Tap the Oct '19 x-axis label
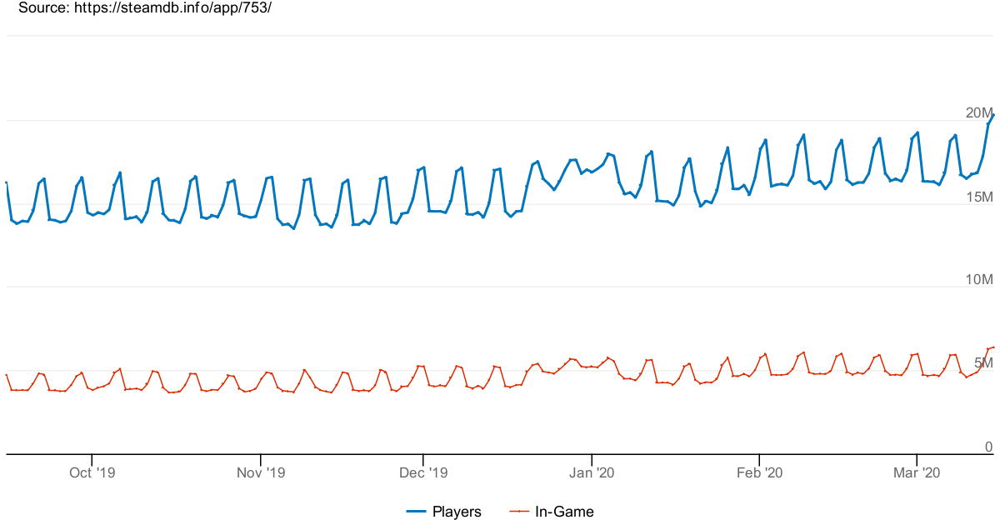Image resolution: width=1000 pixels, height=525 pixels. [92, 473]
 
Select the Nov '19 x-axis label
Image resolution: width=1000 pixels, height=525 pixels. [261, 473]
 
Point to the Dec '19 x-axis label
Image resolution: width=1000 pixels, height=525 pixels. [423, 473]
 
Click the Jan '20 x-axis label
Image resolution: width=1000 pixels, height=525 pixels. [592, 473]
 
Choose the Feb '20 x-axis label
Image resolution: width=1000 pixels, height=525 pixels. [760, 473]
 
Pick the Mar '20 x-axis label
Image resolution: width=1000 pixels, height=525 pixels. [917, 473]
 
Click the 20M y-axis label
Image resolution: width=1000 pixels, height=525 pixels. [979, 113]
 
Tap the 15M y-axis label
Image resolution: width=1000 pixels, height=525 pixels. [979, 197]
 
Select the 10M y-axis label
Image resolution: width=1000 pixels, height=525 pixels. [979, 280]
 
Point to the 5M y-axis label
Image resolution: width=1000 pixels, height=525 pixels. [983, 363]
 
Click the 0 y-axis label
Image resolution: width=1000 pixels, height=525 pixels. [989, 447]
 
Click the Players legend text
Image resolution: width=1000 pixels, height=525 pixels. [457, 512]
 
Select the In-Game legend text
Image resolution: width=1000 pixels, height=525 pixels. [564, 512]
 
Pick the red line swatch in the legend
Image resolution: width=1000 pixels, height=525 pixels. [519, 512]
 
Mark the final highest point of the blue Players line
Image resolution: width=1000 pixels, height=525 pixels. [993, 115]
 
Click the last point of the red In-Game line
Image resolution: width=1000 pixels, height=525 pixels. [993, 347]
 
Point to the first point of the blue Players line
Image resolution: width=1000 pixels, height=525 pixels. [7, 182]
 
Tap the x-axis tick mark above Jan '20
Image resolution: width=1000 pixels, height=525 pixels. [592, 458]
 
